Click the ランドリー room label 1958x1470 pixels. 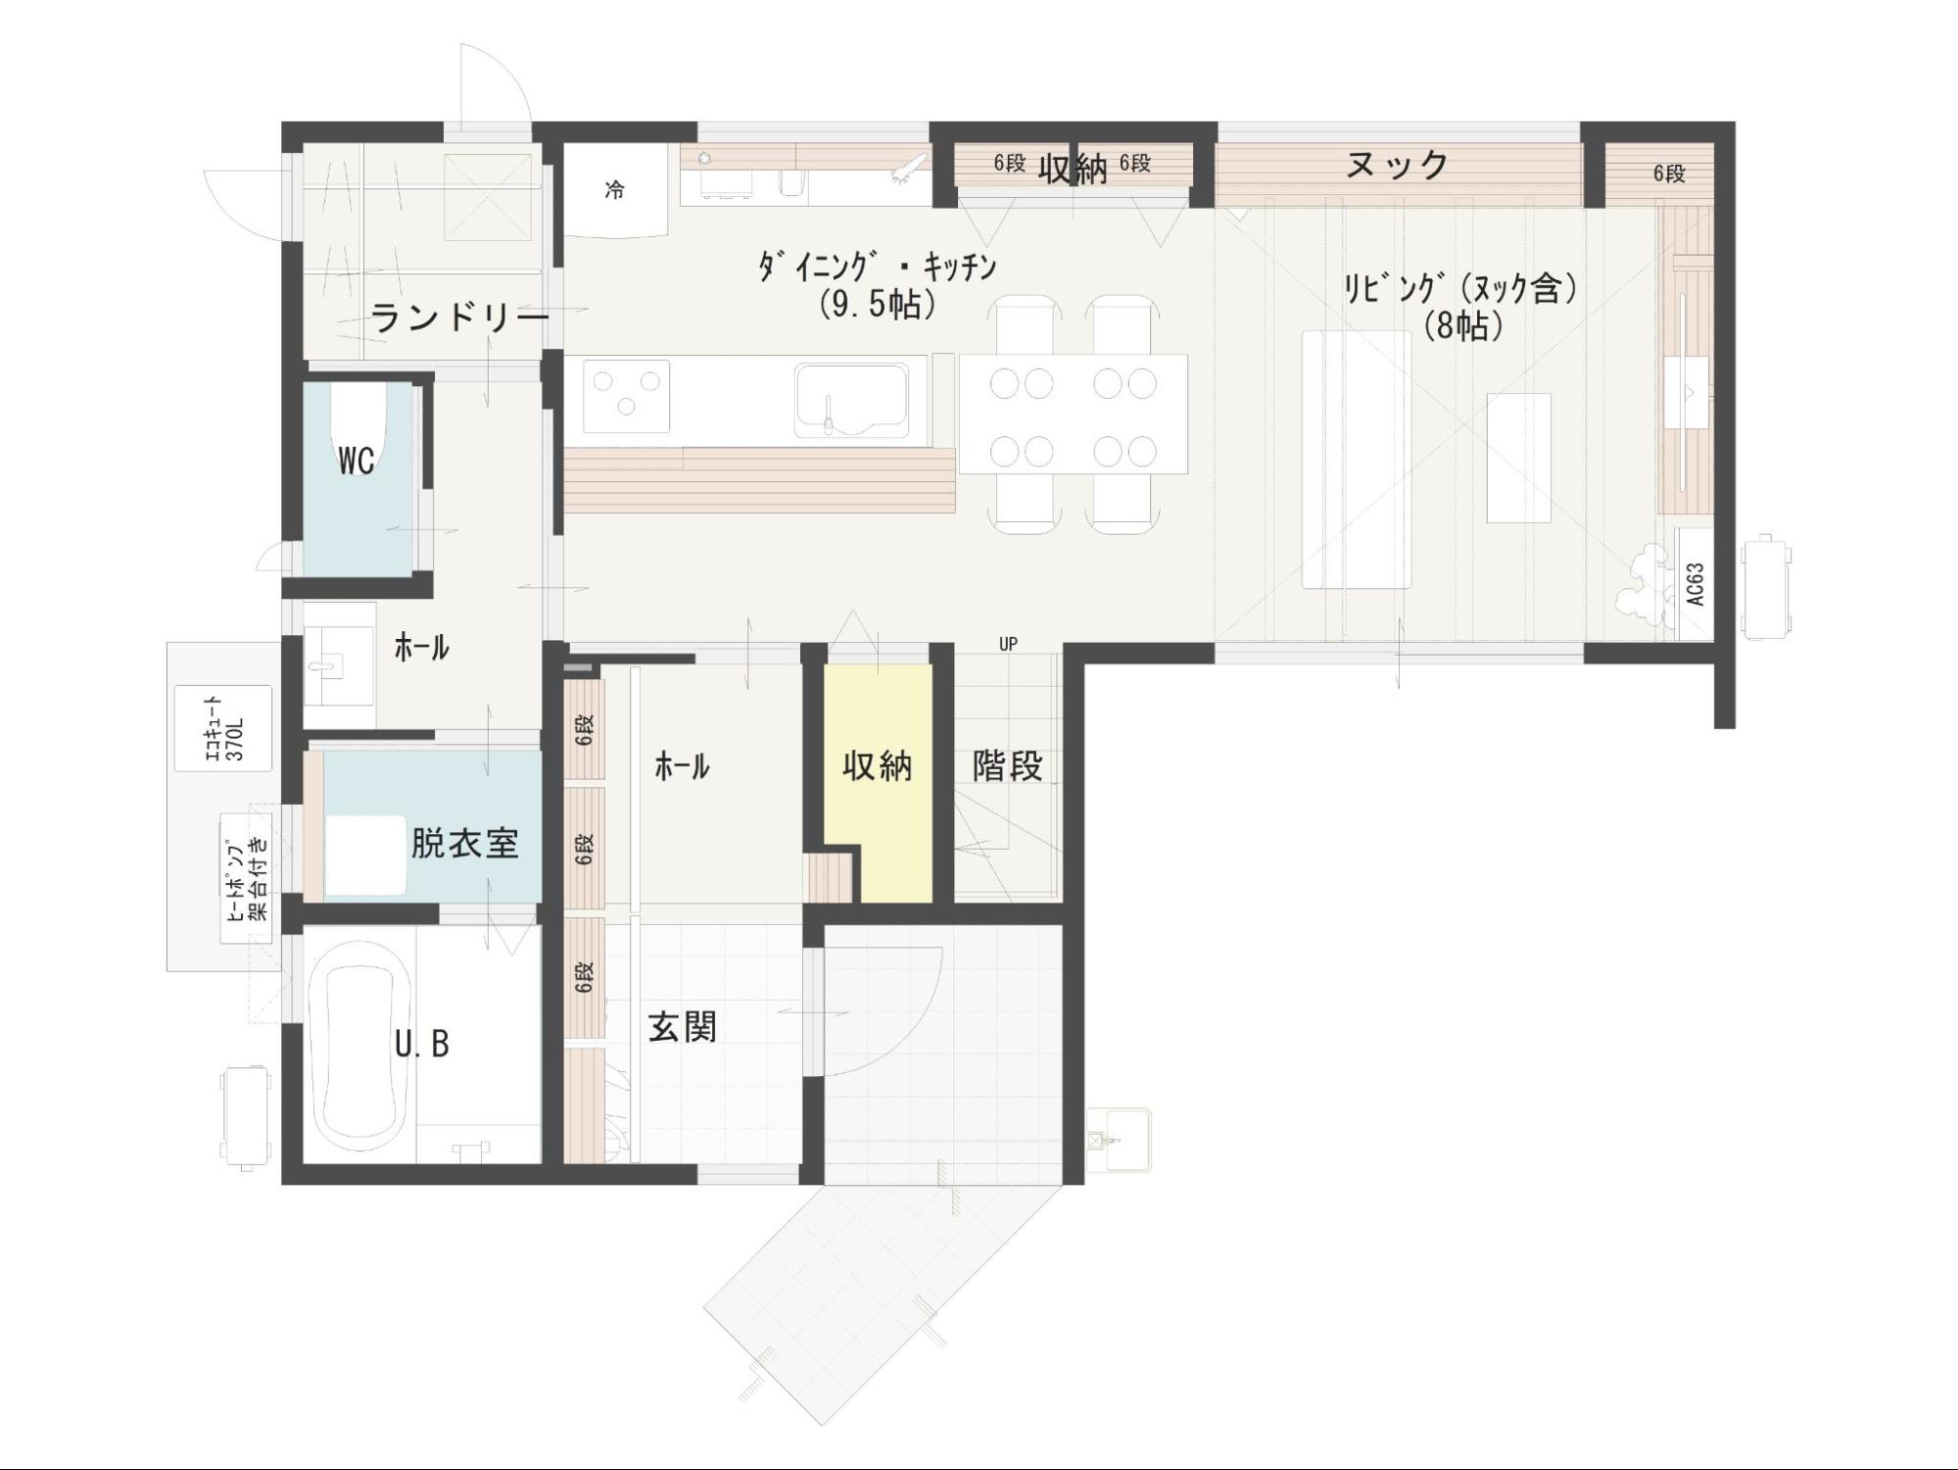tap(459, 318)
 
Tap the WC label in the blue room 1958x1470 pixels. tap(357, 460)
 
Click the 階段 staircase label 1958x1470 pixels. tap(1008, 765)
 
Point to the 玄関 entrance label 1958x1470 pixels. tap(683, 1027)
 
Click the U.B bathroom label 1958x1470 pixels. tap(422, 1045)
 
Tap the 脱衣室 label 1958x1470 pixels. tap(464, 843)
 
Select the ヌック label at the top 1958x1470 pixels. tap(1398, 165)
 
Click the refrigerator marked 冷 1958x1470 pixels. tap(615, 190)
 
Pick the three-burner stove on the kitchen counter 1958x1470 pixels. tap(627, 396)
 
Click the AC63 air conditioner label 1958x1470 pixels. tap(1695, 584)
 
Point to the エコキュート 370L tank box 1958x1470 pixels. tap(223, 728)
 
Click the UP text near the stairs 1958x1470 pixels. tap(1008, 644)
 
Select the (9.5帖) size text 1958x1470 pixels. tap(878, 304)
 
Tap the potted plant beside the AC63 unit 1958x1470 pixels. tap(1650, 585)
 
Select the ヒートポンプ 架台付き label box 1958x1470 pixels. tap(246, 878)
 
